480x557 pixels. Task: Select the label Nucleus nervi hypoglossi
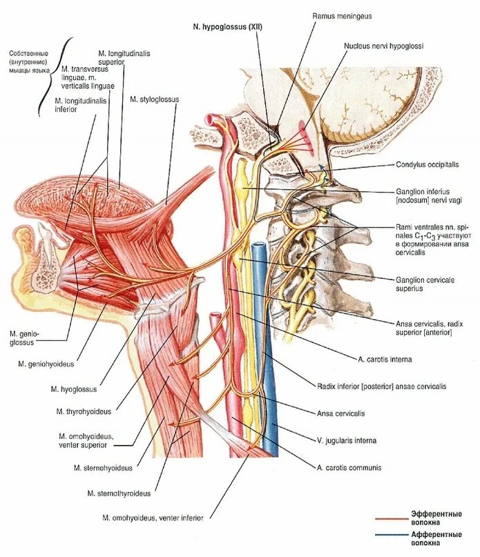pos(383,46)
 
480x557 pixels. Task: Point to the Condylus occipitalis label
pos(429,165)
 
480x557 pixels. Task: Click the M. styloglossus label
pos(154,99)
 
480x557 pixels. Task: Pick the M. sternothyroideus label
pos(119,493)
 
